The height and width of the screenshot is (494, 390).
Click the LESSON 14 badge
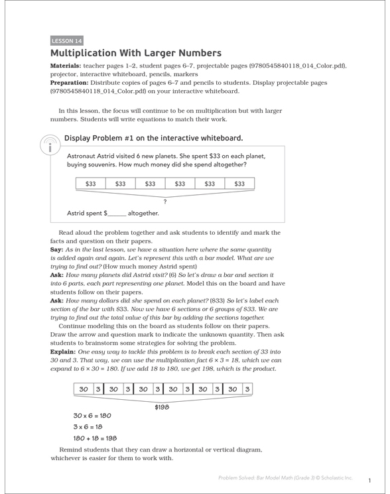pyautogui.click(x=67, y=40)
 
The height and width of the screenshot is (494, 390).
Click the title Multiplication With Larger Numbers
pyautogui.click(x=136, y=53)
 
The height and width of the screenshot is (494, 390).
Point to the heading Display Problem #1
pyautogui.click(x=153, y=139)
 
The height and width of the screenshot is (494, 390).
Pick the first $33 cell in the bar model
pyautogui.click(x=91, y=184)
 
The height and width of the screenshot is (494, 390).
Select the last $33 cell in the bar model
pyautogui.click(x=239, y=184)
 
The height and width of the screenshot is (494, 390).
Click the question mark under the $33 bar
pyautogui.click(x=164, y=200)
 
